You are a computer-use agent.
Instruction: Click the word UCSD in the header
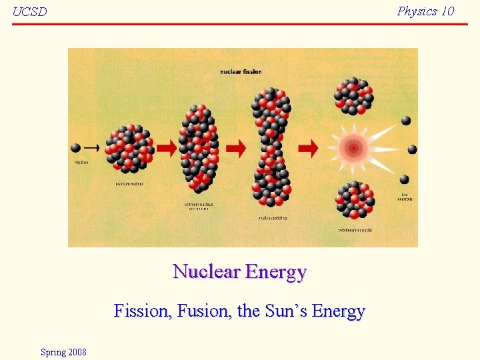(30, 12)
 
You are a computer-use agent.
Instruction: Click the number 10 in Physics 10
(447, 11)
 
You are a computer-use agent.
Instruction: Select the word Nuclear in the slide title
(206, 272)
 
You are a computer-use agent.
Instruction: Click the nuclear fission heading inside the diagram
(241, 71)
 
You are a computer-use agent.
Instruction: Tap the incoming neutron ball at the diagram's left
(76, 147)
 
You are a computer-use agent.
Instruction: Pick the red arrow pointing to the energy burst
(308, 148)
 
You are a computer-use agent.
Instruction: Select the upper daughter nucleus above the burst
(353, 96)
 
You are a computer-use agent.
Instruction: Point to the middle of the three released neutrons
(412, 149)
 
